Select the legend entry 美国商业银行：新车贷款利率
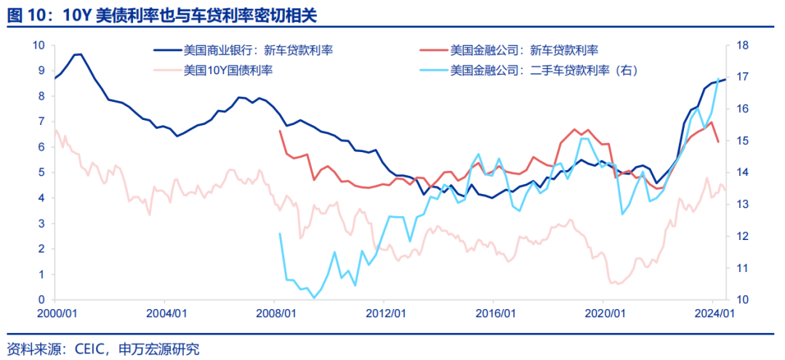click(x=259, y=50)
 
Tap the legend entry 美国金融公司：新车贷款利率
click(x=524, y=50)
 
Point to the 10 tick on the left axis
click(x=39, y=45)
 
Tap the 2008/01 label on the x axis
click(x=275, y=313)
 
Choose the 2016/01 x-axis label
click(x=494, y=313)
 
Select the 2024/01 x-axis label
click(x=712, y=313)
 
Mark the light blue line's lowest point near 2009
click(x=314, y=297)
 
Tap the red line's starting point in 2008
click(x=280, y=131)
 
